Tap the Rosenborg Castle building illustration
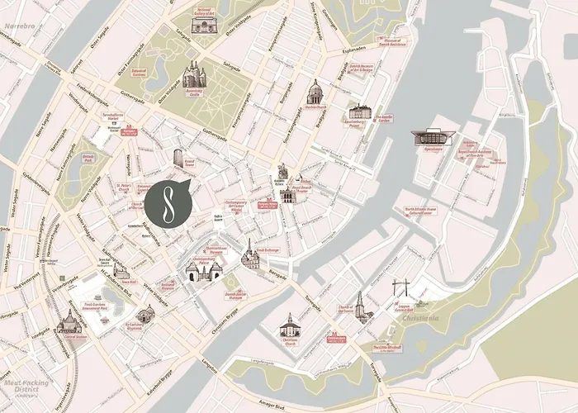pyautogui.click(x=193, y=75)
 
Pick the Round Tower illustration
pyautogui.click(x=178, y=158)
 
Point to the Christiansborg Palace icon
pyautogui.click(x=203, y=270)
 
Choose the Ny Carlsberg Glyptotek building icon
pyautogui.click(x=145, y=314)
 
